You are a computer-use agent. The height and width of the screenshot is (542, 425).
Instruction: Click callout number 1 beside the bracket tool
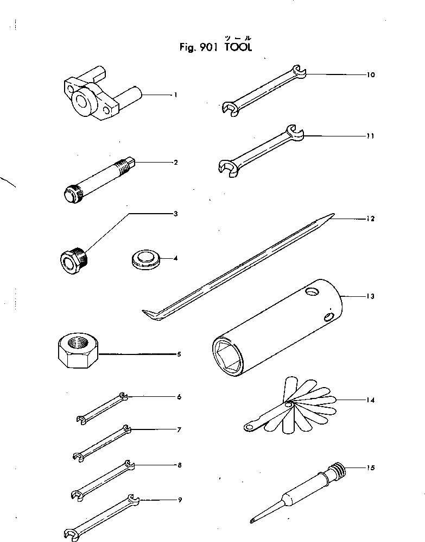[x=175, y=95]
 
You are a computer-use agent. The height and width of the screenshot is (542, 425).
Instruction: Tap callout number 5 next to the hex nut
[x=179, y=354]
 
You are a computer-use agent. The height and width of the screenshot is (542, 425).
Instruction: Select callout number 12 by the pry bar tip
[x=371, y=219]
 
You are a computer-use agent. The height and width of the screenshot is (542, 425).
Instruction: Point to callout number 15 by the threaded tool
[x=371, y=468]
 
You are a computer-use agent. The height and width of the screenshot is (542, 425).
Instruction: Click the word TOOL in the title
[x=237, y=47]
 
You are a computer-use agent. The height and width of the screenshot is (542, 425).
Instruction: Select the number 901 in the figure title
[x=210, y=47]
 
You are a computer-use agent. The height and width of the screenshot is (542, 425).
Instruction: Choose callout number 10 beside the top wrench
[x=371, y=75]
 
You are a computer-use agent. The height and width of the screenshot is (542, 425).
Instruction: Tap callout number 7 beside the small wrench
[x=179, y=430]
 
